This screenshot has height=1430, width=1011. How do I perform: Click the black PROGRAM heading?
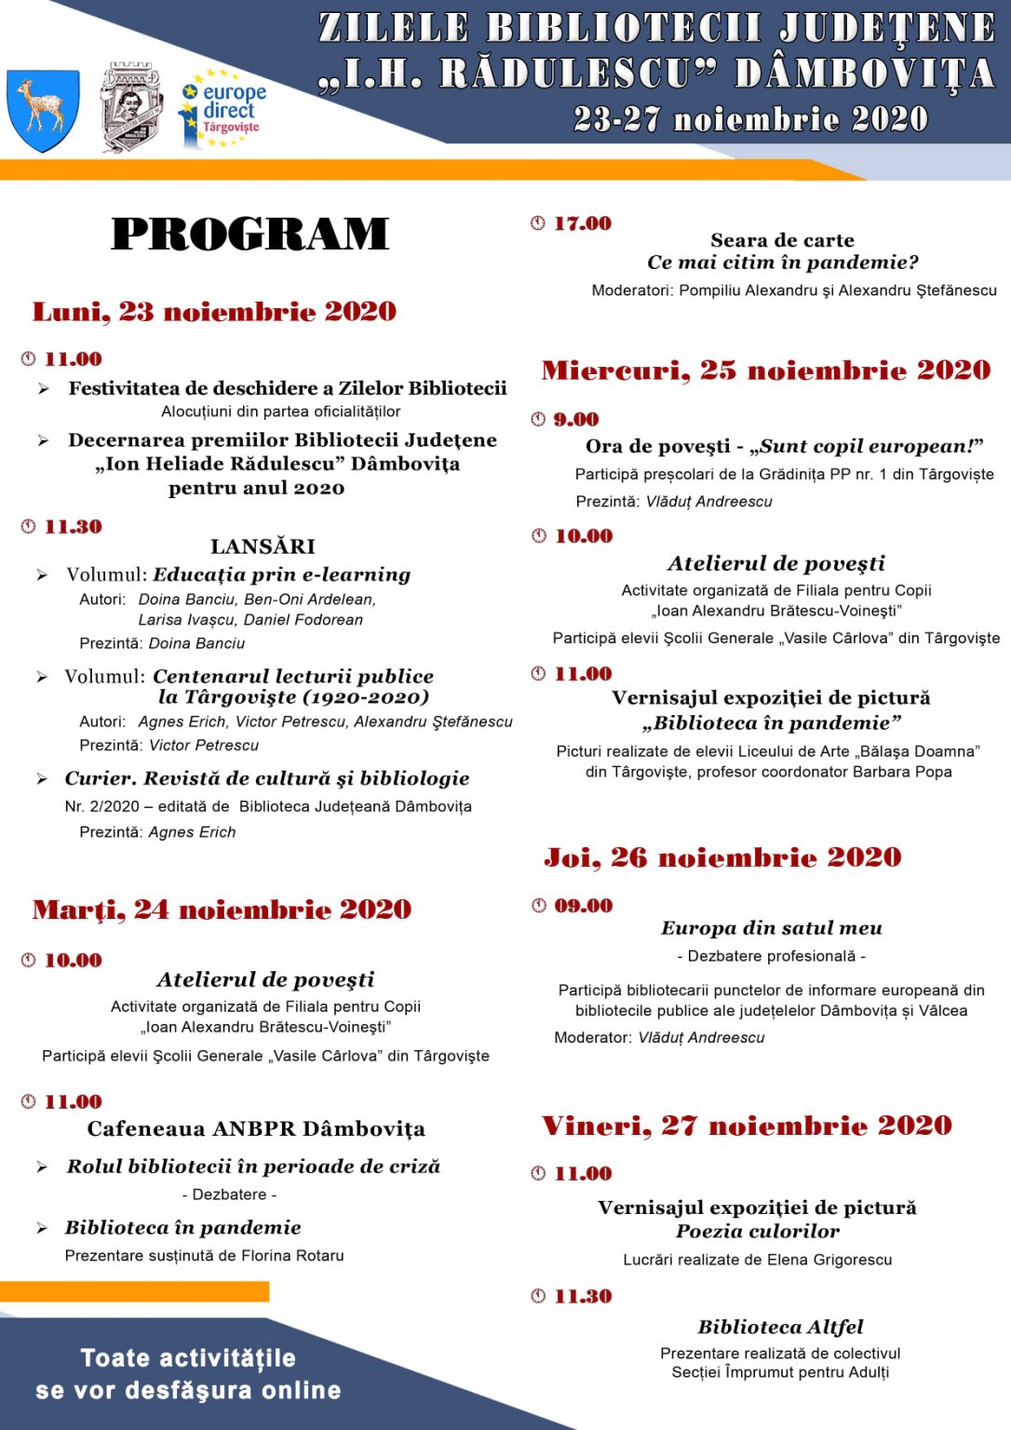point(249,234)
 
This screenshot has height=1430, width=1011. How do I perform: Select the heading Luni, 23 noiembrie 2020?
point(214,312)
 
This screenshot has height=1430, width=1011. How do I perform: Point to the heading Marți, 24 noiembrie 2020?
point(222,910)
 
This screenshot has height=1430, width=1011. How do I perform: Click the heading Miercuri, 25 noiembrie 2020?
point(765,371)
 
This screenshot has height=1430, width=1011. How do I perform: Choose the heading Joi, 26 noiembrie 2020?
point(722,857)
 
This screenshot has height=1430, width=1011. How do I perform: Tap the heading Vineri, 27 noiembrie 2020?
point(747,1126)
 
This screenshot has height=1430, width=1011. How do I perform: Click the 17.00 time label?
point(583,223)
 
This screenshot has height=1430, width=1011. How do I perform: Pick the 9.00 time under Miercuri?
point(576,420)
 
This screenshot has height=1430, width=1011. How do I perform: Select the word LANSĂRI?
point(263,546)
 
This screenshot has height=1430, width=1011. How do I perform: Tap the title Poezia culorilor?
point(758,1231)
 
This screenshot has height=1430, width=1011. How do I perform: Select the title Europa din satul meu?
point(772,928)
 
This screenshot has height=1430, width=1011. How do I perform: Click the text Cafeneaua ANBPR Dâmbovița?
point(256,1129)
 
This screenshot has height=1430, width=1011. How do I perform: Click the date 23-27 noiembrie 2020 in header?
point(750,119)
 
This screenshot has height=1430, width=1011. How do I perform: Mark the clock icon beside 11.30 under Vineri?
point(538,1296)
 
